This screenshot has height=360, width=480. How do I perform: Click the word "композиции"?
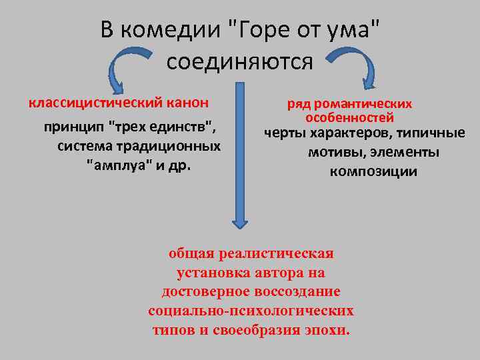point(373,171)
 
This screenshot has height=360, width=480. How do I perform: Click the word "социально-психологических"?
point(251,311)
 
